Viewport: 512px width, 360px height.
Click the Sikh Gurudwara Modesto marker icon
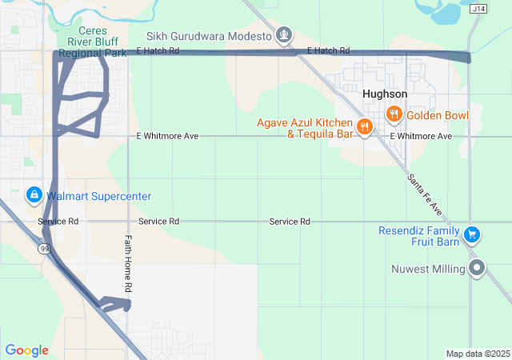[283, 35]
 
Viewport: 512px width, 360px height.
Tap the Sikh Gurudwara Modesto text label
[210, 36]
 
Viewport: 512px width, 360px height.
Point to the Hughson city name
[385, 94]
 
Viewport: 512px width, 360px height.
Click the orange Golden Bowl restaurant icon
[394, 115]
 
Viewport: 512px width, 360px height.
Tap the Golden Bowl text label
[438, 115]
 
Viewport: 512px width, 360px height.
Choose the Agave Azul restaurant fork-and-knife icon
[364, 126]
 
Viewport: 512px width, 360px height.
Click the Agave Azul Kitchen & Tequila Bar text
[305, 128]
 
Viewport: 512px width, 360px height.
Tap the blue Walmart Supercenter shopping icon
[34, 195]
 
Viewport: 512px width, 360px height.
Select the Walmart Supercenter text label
[98, 196]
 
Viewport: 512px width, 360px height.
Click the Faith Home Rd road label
[127, 264]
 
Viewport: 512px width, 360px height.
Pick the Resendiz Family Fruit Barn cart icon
[473, 235]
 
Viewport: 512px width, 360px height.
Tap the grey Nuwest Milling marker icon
[478, 269]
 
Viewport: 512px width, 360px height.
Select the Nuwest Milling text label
[428, 269]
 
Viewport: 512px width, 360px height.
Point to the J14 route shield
[478, 9]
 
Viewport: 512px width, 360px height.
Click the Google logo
[26, 350]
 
